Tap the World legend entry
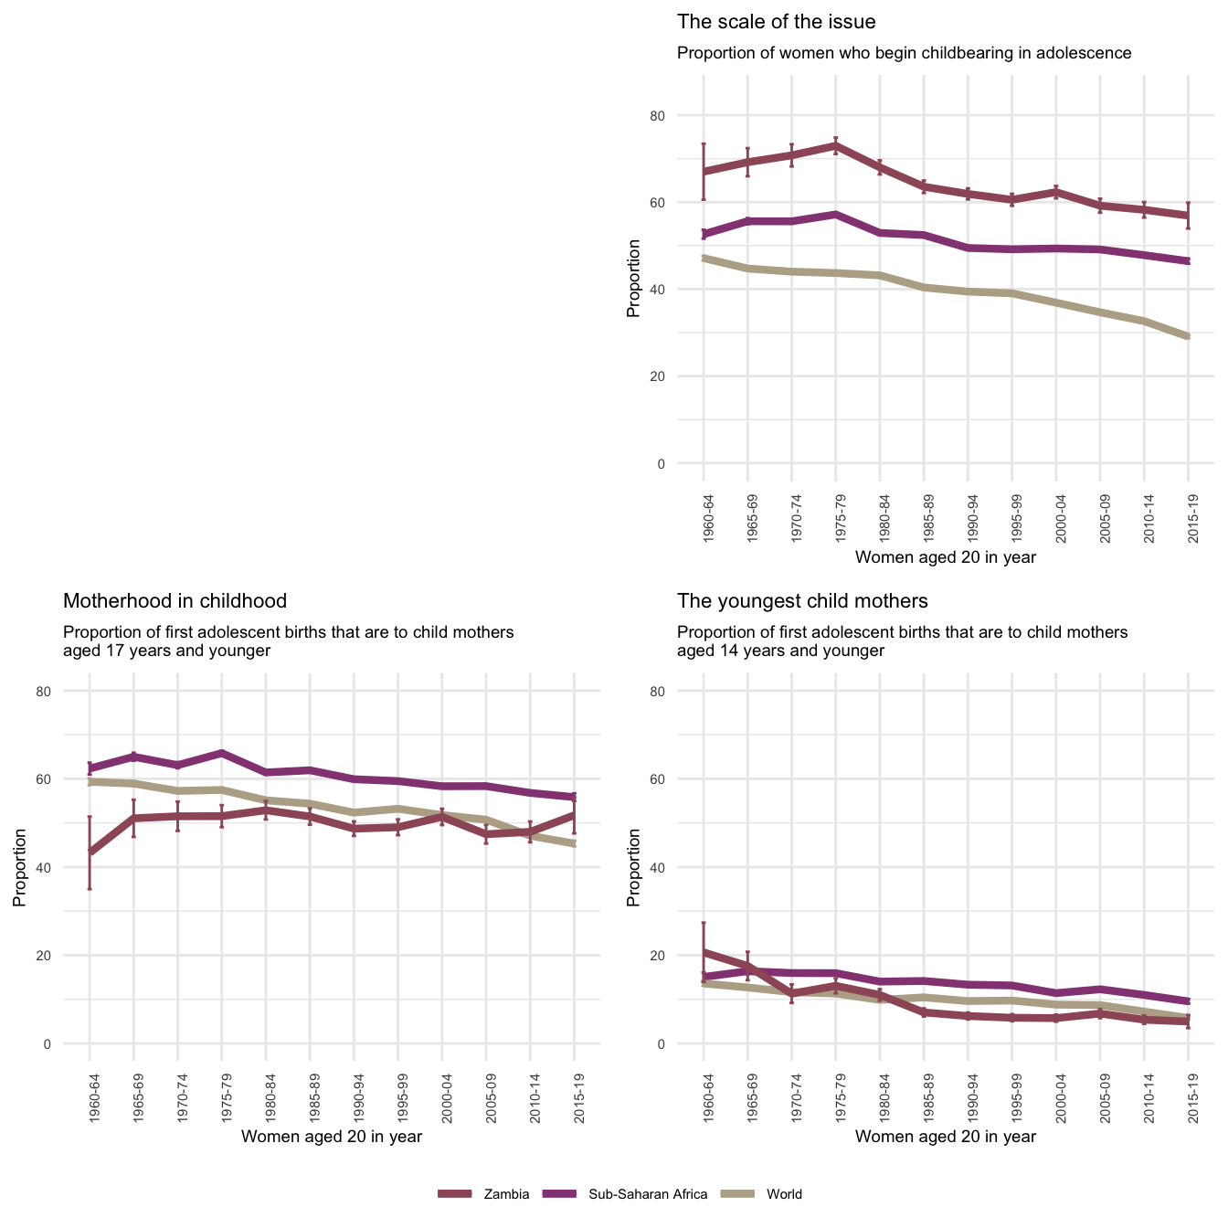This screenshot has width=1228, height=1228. [784, 1194]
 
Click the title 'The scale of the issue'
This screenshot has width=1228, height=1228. [776, 22]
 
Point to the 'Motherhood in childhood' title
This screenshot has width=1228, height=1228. [175, 601]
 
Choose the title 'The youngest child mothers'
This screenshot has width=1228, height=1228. [802, 601]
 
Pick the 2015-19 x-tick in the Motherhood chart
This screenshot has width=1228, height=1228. [574, 1097]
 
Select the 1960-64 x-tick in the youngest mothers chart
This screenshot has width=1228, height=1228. [704, 1097]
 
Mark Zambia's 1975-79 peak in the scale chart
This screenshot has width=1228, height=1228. [835, 144]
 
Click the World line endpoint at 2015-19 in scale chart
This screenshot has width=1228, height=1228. [1188, 337]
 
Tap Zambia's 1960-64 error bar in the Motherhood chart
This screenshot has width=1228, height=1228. [90, 852]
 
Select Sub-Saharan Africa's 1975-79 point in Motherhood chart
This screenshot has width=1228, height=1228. [222, 753]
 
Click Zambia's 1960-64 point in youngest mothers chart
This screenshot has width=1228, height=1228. [704, 952]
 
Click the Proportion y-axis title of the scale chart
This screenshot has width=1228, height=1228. [632, 279]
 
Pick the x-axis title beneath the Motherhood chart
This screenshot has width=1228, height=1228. [331, 1137]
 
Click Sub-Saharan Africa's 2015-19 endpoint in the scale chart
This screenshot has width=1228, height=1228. [1188, 261]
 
